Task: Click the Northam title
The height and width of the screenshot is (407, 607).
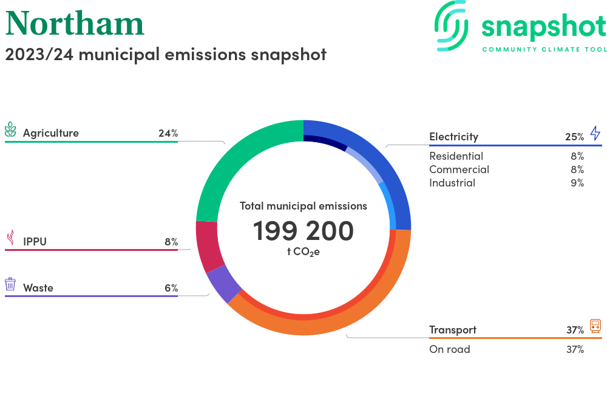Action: tap(75, 23)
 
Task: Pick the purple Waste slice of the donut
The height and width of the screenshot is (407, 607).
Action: tap(224, 284)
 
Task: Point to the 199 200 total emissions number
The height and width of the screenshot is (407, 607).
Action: tap(303, 231)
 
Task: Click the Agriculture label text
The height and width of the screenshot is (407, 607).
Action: tap(51, 133)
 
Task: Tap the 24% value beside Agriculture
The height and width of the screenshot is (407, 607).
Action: tap(168, 133)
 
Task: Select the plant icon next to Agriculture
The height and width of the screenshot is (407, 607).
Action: tap(10, 130)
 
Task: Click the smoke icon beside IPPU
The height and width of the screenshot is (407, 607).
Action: tap(10, 238)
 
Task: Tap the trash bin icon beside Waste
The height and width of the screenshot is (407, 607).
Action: tap(10, 284)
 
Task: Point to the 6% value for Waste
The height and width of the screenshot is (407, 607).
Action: tap(171, 288)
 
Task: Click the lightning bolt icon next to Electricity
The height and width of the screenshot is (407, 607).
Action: tap(595, 133)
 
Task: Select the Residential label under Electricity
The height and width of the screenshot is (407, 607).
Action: tap(456, 156)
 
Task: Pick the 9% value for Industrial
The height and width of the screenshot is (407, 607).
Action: tap(577, 183)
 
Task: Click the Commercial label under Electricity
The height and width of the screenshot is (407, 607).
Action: tap(459, 169)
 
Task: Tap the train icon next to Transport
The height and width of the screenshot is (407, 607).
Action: tap(595, 326)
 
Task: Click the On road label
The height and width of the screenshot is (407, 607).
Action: tap(449, 349)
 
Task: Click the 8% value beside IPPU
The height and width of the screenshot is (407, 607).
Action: tap(171, 242)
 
